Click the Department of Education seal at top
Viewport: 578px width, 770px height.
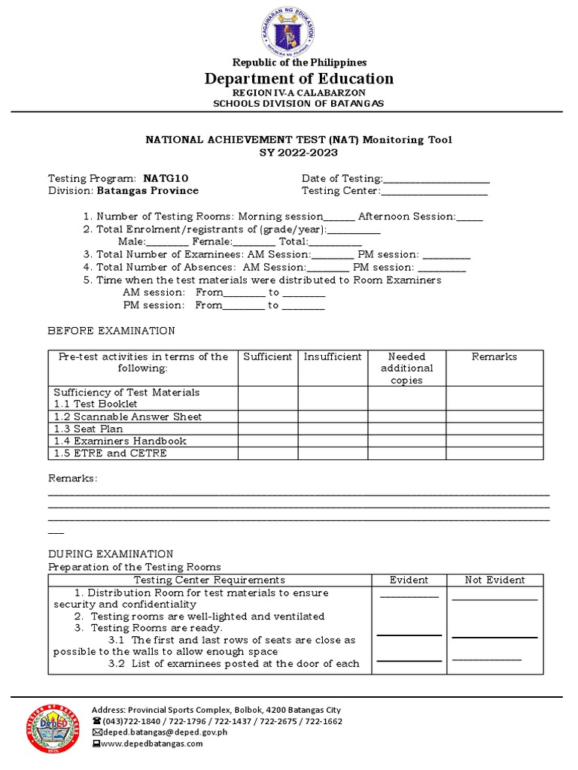(x=289, y=30)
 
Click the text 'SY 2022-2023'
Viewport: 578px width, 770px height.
(x=289, y=152)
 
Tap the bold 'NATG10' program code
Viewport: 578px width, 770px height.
(x=166, y=178)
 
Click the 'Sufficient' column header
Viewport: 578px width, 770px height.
(x=268, y=356)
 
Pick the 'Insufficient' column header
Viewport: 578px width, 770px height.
(x=333, y=356)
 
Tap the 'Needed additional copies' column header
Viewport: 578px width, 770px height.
(x=406, y=368)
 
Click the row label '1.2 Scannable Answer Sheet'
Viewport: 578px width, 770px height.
(x=128, y=417)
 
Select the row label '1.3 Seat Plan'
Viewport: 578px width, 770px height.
(x=89, y=429)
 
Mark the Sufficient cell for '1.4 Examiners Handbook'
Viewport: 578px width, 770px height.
(x=268, y=441)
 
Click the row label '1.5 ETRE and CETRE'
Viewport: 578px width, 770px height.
(x=111, y=453)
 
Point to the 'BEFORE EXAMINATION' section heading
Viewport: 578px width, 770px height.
(x=111, y=331)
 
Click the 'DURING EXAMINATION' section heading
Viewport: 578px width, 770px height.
(x=111, y=553)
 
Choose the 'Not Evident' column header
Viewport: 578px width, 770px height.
(x=494, y=580)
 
